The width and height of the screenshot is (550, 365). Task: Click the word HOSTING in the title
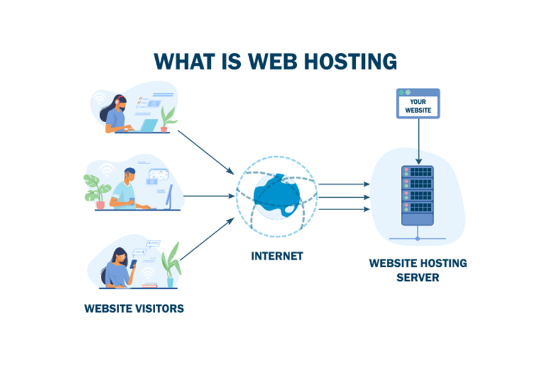tap(350, 62)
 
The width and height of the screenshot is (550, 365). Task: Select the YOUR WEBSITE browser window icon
tap(418, 103)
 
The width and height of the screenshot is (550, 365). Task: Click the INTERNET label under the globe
tap(277, 256)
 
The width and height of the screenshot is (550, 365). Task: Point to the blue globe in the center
tap(277, 197)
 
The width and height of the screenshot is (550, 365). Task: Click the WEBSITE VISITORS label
tap(134, 309)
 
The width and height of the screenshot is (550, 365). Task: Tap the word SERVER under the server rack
tap(418, 278)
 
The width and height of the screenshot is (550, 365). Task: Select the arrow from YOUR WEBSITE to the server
tap(419, 141)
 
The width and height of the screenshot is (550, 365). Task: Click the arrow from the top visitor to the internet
tap(206, 153)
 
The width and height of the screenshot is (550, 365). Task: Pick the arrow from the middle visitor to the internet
tap(209, 196)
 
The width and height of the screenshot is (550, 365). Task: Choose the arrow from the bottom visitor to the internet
tap(207, 239)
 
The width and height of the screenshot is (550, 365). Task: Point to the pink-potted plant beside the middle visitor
tap(96, 191)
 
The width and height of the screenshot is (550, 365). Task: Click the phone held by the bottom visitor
tap(133, 264)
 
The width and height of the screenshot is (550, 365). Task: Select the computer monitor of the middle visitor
tap(169, 197)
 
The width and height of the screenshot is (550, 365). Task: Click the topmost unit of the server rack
tap(417, 172)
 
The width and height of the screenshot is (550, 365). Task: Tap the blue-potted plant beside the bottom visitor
tap(171, 265)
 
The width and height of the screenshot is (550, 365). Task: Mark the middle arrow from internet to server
tap(344, 197)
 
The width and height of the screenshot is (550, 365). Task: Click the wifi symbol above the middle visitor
tap(106, 170)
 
